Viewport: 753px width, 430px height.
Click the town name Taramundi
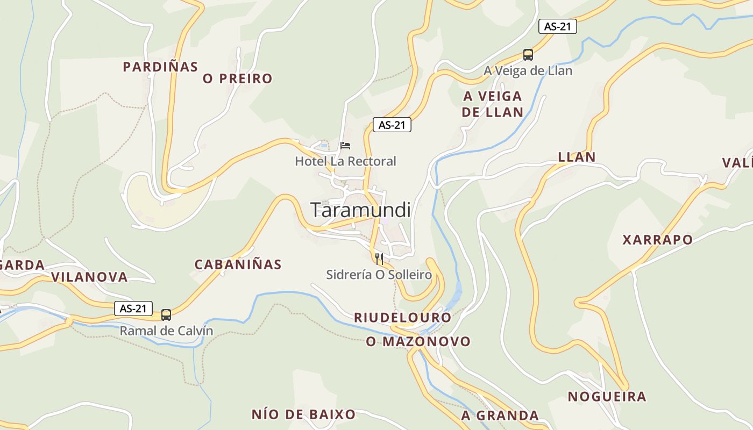point(360,210)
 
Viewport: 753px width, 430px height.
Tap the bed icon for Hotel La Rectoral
point(345,146)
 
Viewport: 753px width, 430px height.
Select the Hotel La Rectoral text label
point(345,161)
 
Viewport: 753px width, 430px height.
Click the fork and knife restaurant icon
point(379,259)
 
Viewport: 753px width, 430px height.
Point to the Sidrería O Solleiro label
point(379,275)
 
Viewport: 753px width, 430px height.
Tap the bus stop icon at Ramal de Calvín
point(166,315)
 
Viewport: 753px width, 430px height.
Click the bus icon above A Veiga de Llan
point(528,55)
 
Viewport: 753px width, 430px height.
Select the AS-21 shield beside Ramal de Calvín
point(133,309)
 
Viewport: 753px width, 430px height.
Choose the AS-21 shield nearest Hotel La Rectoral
point(392,125)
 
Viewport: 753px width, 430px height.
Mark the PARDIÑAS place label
point(160,67)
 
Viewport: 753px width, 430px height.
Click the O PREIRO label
point(237,78)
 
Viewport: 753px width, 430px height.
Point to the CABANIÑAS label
point(238,264)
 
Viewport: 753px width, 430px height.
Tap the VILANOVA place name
point(89,277)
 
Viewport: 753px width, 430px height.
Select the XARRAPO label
point(657,240)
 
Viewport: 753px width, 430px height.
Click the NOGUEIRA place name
point(607,397)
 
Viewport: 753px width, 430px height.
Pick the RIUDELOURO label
point(402,318)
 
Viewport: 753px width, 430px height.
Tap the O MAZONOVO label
point(418,341)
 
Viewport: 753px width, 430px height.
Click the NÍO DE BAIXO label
point(303,414)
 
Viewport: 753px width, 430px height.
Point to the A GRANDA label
point(500,415)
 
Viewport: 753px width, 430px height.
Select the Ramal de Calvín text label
point(166,331)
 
